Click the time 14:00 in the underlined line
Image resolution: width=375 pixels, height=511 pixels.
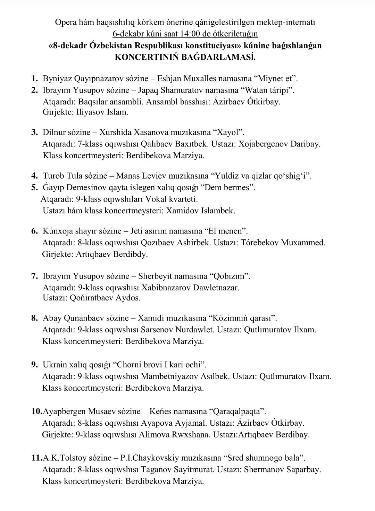[189, 34]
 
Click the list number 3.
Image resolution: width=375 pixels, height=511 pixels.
[34, 132]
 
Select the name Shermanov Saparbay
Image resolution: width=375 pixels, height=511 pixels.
[282, 470]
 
